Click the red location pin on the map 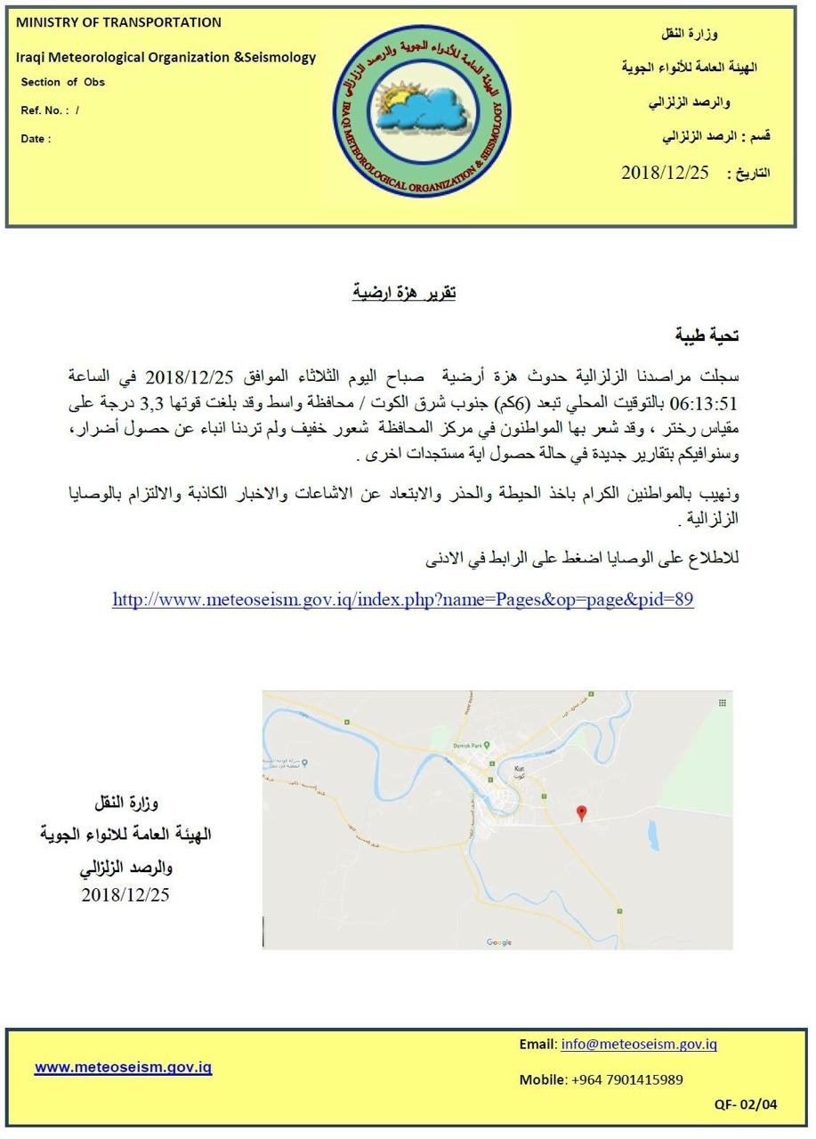(x=581, y=812)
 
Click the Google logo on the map (x=499, y=942)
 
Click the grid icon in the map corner (x=722, y=702)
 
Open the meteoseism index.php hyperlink (x=403, y=600)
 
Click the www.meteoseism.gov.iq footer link (x=123, y=1067)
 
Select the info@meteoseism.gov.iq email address (x=639, y=1045)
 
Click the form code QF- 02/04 (x=745, y=1104)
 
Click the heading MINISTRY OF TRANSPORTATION (x=118, y=22)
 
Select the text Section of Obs (x=62, y=82)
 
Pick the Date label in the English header (x=36, y=139)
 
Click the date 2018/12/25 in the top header (x=665, y=173)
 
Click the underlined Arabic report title (x=404, y=292)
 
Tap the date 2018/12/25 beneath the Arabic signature (x=125, y=895)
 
